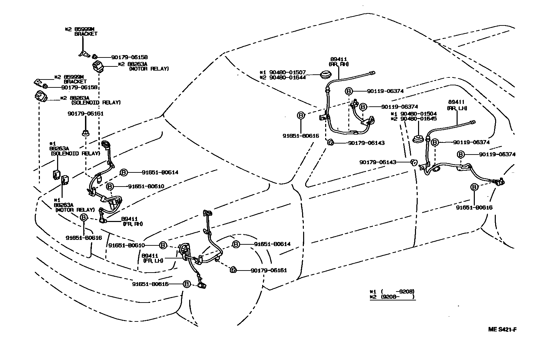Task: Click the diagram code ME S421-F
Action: (502, 329)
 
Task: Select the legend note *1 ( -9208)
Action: (392, 291)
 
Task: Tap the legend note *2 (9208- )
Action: (392, 297)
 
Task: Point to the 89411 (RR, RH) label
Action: (339, 62)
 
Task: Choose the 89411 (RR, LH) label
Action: (457, 105)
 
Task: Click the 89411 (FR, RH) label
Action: (132, 221)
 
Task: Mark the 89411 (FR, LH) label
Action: (153, 258)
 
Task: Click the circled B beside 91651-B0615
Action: (186, 284)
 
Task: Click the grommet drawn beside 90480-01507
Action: (324, 75)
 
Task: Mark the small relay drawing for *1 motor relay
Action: (65, 180)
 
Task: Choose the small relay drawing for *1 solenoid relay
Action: (56, 174)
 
